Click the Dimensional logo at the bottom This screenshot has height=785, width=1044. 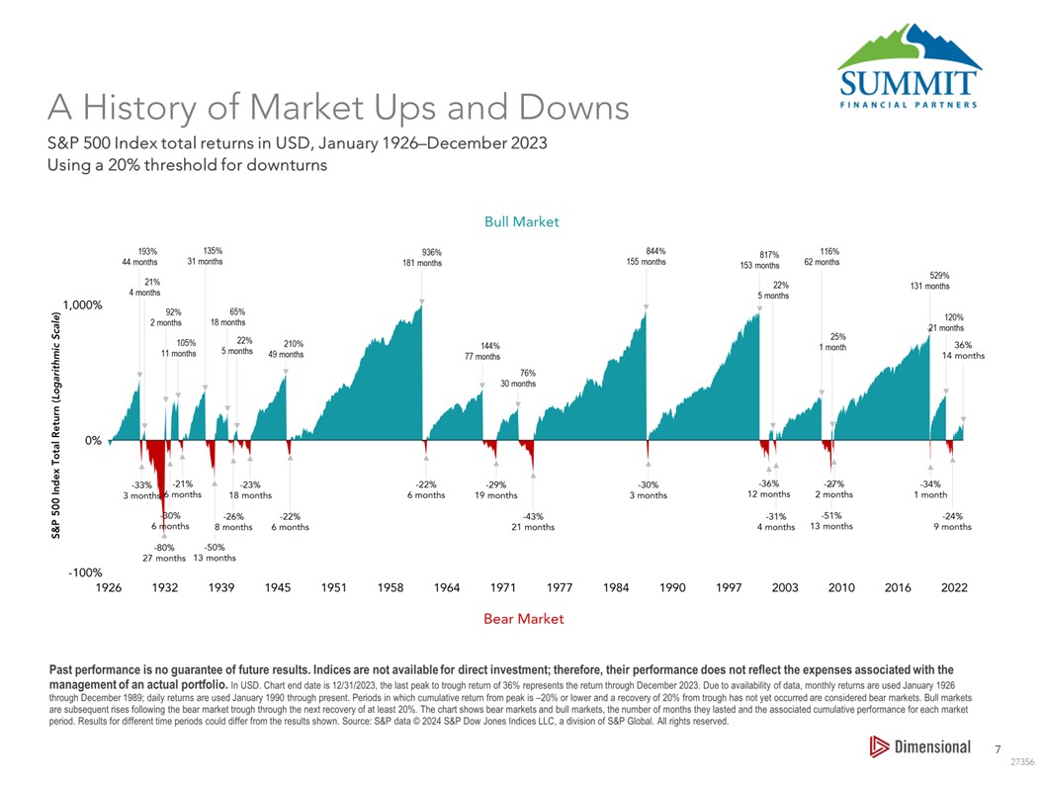coord(919,746)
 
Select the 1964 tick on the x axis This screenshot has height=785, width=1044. coord(447,588)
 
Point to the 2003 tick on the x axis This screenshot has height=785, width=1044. coord(785,588)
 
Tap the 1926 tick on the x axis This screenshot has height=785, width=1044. coord(109,588)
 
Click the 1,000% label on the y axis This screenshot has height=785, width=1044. coord(82,305)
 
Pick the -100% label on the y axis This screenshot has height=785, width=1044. coord(86,572)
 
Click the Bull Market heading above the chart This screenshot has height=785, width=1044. coord(521,221)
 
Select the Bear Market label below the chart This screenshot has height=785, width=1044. coord(524,619)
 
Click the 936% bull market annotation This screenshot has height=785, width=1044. coord(431,252)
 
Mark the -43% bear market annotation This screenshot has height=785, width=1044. coord(532,516)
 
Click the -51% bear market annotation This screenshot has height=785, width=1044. coord(831,515)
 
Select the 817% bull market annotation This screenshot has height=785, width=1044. coord(769,254)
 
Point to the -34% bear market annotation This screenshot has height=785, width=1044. coord(930,484)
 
